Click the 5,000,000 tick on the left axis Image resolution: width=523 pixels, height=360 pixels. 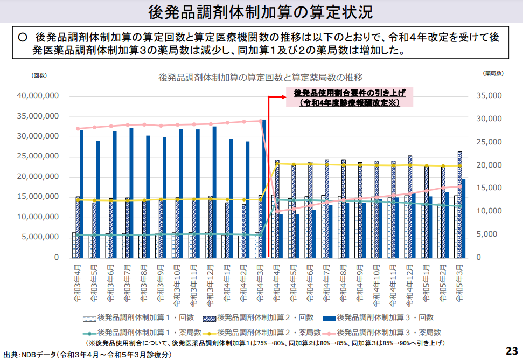click(x=40, y=237)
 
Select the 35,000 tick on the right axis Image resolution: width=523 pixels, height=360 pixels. click(x=490, y=96)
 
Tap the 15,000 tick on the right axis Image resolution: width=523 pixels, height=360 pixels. click(x=490, y=188)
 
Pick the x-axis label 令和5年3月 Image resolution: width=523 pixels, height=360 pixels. click(x=461, y=281)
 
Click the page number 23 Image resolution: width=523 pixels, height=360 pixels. click(x=511, y=350)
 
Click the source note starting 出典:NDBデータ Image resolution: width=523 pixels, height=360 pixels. click(x=86, y=355)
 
